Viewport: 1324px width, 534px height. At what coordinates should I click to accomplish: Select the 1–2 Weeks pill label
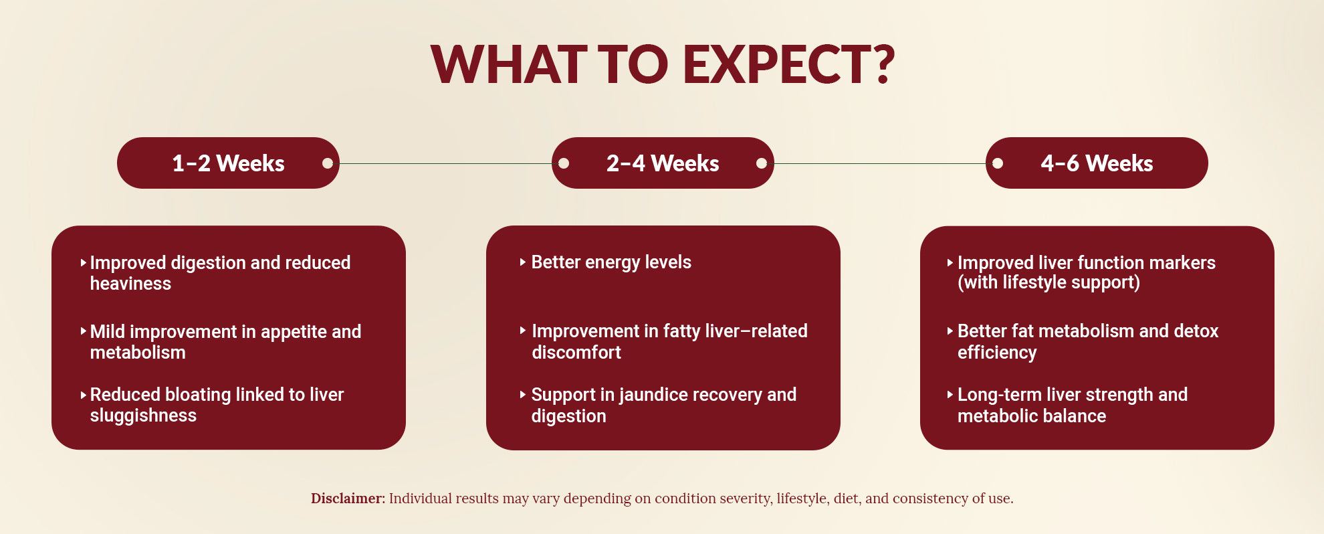pyautogui.click(x=228, y=163)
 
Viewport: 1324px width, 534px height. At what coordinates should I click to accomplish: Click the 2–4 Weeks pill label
pyautogui.click(x=663, y=163)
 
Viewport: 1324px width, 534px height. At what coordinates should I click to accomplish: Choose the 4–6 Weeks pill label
pyautogui.click(x=1097, y=163)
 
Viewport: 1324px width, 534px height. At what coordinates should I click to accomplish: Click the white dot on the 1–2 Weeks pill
pyautogui.click(x=328, y=163)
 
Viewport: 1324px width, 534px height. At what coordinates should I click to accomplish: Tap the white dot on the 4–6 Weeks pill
pyautogui.click(x=998, y=163)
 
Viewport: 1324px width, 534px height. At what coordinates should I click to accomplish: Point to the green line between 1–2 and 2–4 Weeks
pyautogui.click(x=445, y=163)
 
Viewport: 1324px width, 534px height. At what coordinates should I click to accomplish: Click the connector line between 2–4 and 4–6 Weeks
pyautogui.click(x=879, y=163)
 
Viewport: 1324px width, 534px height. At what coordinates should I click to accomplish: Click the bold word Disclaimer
pyautogui.click(x=348, y=499)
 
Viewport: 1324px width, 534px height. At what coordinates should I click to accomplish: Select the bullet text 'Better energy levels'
pyautogui.click(x=611, y=262)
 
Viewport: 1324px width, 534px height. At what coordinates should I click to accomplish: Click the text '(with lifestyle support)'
pyautogui.click(x=1049, y=283)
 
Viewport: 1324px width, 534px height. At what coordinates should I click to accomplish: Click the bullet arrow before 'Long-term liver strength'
pyautogui.click(x=950, y=395)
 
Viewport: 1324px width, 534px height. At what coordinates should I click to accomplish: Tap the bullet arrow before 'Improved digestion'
pyautogui.click(x=83, y=263)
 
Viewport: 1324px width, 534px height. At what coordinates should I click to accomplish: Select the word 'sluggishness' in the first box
pyautogui.click(x=143, y=416)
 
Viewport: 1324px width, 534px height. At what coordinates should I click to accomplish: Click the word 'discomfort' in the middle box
pyautogui.click(x=576, y=353)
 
